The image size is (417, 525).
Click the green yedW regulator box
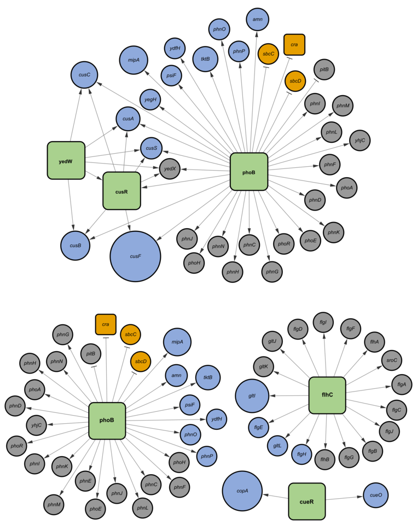(66, 160)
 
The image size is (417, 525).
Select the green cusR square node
(121, 191)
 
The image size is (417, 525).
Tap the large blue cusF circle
(135, 256)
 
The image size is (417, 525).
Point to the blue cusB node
(74, 245)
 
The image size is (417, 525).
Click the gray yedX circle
(170, 169)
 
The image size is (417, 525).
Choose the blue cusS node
(152, 148)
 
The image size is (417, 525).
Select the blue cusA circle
(128, 119)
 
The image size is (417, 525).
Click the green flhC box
(327, 395)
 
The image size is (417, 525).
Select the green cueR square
(307, 501)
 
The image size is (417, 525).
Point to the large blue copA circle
(242, 491)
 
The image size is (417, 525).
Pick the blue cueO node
(376, 494)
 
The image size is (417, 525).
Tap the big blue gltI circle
(252, 395)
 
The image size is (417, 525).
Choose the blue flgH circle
(302, 454)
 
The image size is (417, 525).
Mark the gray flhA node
(374, 342)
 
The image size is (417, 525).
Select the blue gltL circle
(277, 446)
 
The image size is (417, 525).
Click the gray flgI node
(323, 323)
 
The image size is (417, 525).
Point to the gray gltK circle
(263, 366)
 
